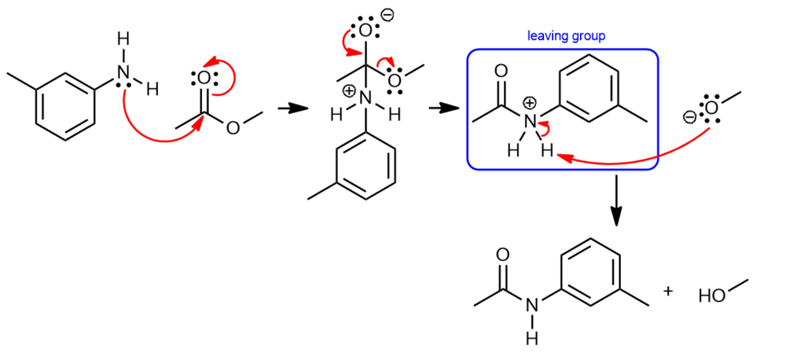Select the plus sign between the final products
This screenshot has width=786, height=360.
668,292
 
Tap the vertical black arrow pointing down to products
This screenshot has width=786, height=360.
617,200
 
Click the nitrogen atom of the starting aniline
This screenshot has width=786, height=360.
123,73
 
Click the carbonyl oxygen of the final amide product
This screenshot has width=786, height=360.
503,255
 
